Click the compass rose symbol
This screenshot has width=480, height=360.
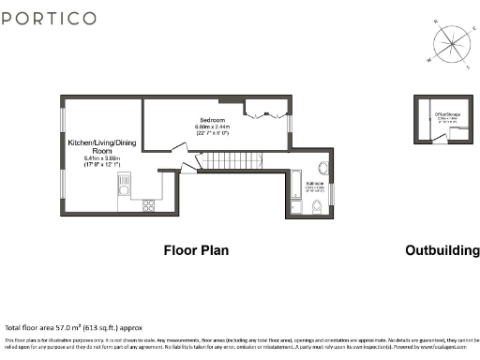pos(450,43)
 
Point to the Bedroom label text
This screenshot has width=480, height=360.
pos(214,119)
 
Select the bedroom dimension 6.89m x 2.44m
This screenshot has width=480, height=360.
pos(214,130)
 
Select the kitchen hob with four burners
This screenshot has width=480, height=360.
pos(148,203)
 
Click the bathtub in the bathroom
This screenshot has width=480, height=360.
pos(297,192)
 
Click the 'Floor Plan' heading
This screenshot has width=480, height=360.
pos(196,250)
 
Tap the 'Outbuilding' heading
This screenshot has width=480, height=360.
pos(438,250)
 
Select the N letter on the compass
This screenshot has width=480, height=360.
pos(435,22)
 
